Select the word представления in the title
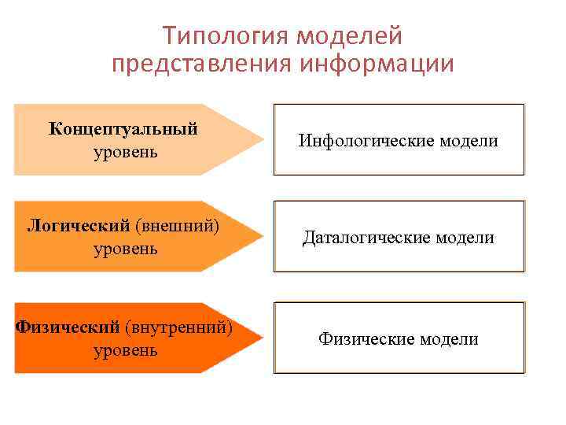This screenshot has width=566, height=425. point(201,64)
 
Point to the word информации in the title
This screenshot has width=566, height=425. point(377,64)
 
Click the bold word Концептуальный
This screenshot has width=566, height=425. point(123,128)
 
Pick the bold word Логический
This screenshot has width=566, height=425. point(79,226)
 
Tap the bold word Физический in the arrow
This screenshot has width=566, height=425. point(67,326)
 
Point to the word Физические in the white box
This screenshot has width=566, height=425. point(366,339)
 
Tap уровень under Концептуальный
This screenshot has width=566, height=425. point(125,151)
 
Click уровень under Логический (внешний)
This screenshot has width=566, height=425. point(125,249)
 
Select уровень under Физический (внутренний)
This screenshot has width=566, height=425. point(125,349)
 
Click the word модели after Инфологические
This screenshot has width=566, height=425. point(469,141)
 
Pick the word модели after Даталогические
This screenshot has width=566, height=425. point(465,238)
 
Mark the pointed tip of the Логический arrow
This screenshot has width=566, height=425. point(262,237)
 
